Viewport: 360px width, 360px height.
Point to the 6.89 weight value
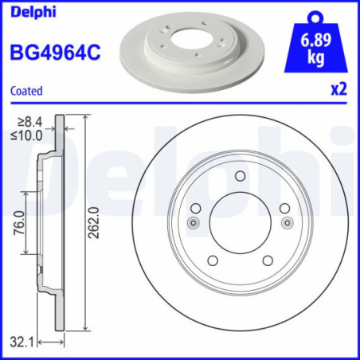pyautogui.click(x=321, y=41)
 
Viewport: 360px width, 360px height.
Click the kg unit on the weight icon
pyautogui.click(x=321, y=58)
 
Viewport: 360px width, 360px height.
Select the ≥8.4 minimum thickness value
pyautogui.click(x=29, y=122)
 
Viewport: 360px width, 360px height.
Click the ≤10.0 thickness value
pyautogui.click(x=29, y=134)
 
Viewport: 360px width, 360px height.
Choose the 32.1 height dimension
pyautogui.click(x=24, y=342)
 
